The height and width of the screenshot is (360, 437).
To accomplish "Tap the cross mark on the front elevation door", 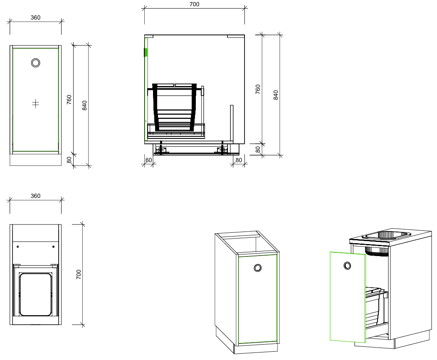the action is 35,104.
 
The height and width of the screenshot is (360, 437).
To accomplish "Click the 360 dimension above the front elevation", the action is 35,17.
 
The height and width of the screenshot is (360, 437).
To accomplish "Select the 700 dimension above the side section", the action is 194,4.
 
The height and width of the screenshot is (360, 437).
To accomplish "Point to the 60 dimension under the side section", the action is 148,160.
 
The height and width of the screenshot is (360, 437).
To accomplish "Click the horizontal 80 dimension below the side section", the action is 239,160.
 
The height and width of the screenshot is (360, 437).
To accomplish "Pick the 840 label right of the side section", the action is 276,95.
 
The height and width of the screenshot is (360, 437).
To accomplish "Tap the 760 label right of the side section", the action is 258,89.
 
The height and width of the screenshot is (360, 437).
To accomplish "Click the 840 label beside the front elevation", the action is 84,105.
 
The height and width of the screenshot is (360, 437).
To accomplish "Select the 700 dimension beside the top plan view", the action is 79,274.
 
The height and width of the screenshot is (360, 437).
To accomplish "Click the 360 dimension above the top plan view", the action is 35,196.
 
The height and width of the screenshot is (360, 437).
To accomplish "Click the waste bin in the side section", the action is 175,107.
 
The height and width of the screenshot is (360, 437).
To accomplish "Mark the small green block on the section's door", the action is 146,52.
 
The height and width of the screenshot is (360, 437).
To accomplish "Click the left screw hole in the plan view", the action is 18,247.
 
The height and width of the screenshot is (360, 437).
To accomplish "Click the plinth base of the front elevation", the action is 35,160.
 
